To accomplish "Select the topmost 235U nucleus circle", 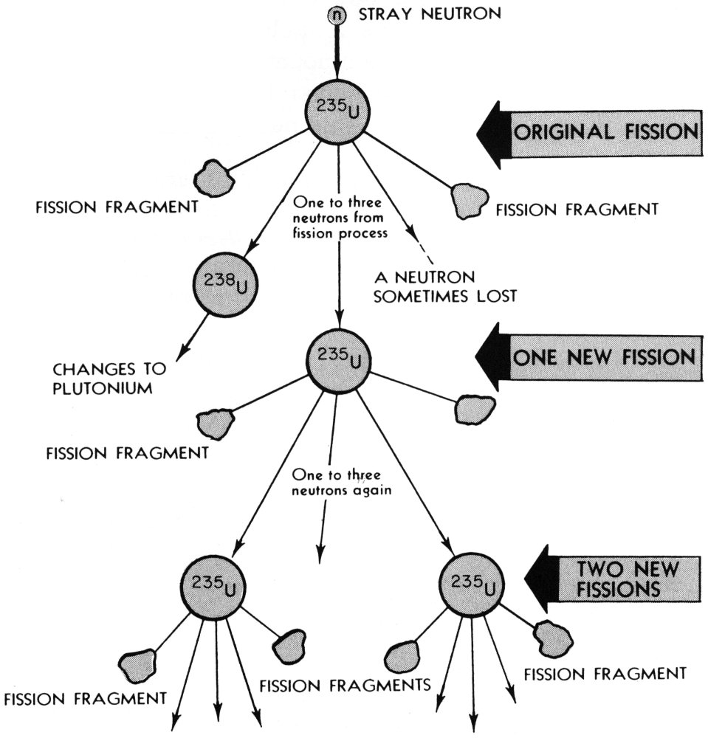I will point(337,112).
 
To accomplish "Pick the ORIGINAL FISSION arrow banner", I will point(587,133).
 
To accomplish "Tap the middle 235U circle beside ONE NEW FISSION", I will point(337,358).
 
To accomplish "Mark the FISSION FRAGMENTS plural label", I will point(345,684).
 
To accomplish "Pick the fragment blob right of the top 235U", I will point(470,199).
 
